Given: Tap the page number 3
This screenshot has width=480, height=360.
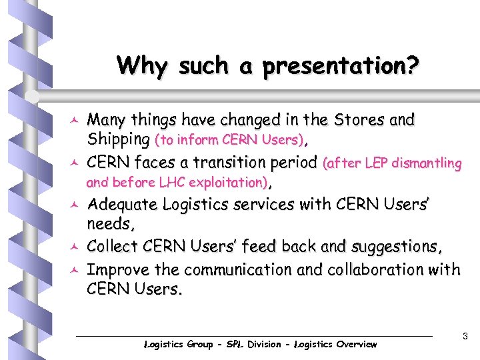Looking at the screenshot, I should tap(465, 337).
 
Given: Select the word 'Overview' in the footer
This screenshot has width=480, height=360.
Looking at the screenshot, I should tap(355, 345).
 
